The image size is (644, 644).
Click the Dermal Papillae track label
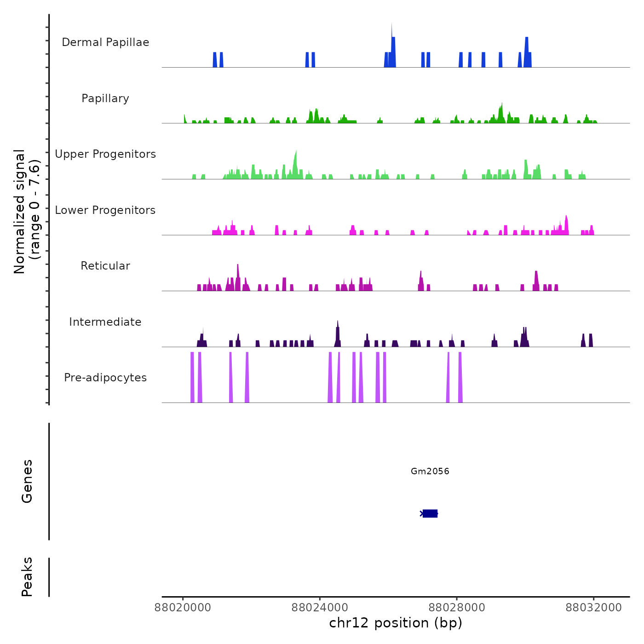105,42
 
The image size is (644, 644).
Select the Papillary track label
105,98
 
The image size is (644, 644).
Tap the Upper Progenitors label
105,154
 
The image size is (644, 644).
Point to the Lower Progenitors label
105,210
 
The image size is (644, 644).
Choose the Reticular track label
105,266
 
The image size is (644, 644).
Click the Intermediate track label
105,322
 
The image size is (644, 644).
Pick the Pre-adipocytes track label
105,378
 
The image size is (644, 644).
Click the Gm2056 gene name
430,471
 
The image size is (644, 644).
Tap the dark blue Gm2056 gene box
430,513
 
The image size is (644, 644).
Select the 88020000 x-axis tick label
183,608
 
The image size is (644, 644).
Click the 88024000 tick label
320,608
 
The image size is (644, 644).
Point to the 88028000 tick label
457,608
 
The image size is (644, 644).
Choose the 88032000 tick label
593,608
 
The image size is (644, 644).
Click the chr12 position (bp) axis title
396,623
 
